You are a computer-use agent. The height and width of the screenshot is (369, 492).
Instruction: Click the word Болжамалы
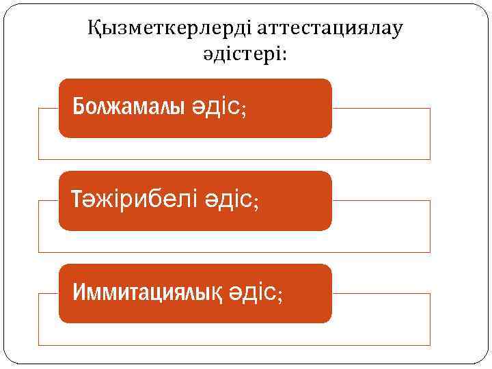tap(128, 107)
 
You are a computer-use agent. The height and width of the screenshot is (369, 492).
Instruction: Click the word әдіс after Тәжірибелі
tap(225, 200)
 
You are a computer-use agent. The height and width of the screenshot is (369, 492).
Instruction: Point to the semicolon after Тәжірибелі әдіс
tap(256, 203)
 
